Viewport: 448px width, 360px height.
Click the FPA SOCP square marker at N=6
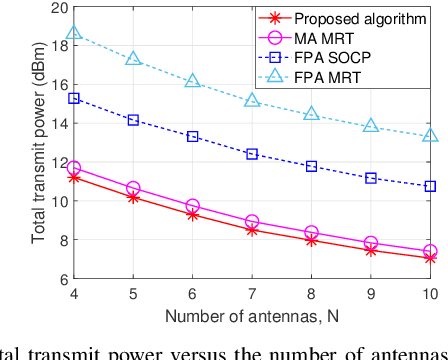pyautogui.click(x=193, y=136)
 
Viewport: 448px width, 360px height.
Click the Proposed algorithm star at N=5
pyautogui.click(x=133, y=197)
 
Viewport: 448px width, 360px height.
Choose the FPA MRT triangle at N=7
pyautogui.click(x=252, y=100)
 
